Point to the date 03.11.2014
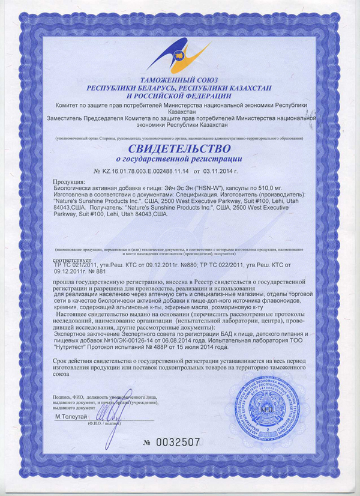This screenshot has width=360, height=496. click(x=226, y=171)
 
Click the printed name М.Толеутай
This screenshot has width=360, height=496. click(x=71, y=416)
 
